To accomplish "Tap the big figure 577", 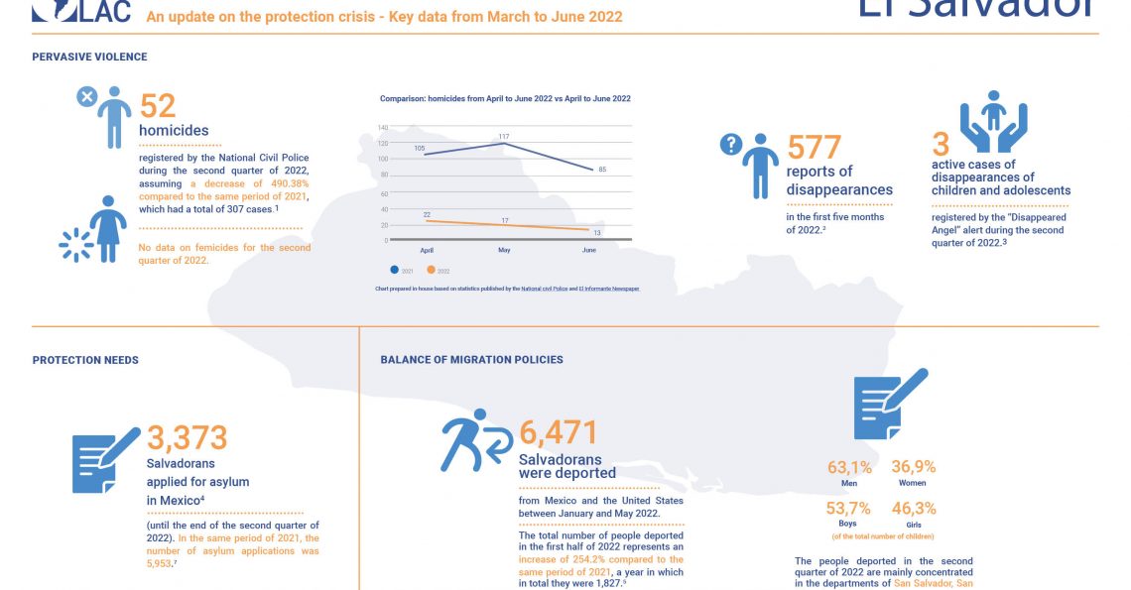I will click(x=814, y=148).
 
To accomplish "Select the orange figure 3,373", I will click(x=188, y=436).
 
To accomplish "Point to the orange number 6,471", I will click(x=559, y=432).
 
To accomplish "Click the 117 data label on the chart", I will click(x=504, y=136).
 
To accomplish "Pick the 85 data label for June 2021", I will click(x=602, y=170).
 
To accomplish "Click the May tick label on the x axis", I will click(x=504, y=251).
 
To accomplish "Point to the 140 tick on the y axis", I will click(x=382, y=127).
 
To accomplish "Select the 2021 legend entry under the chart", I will click(x=402, y=270).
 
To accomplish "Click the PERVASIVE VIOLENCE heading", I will click(x=89, y=58).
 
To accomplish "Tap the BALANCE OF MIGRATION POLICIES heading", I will click(x=471, y=359).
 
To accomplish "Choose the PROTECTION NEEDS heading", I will click(x=85, y=360).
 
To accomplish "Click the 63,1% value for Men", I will click(x=849, y=468).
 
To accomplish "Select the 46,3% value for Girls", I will click(x=913, y=509).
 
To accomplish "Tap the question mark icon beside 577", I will click(x=730, y=145).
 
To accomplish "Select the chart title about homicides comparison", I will click(x=505, y=99).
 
